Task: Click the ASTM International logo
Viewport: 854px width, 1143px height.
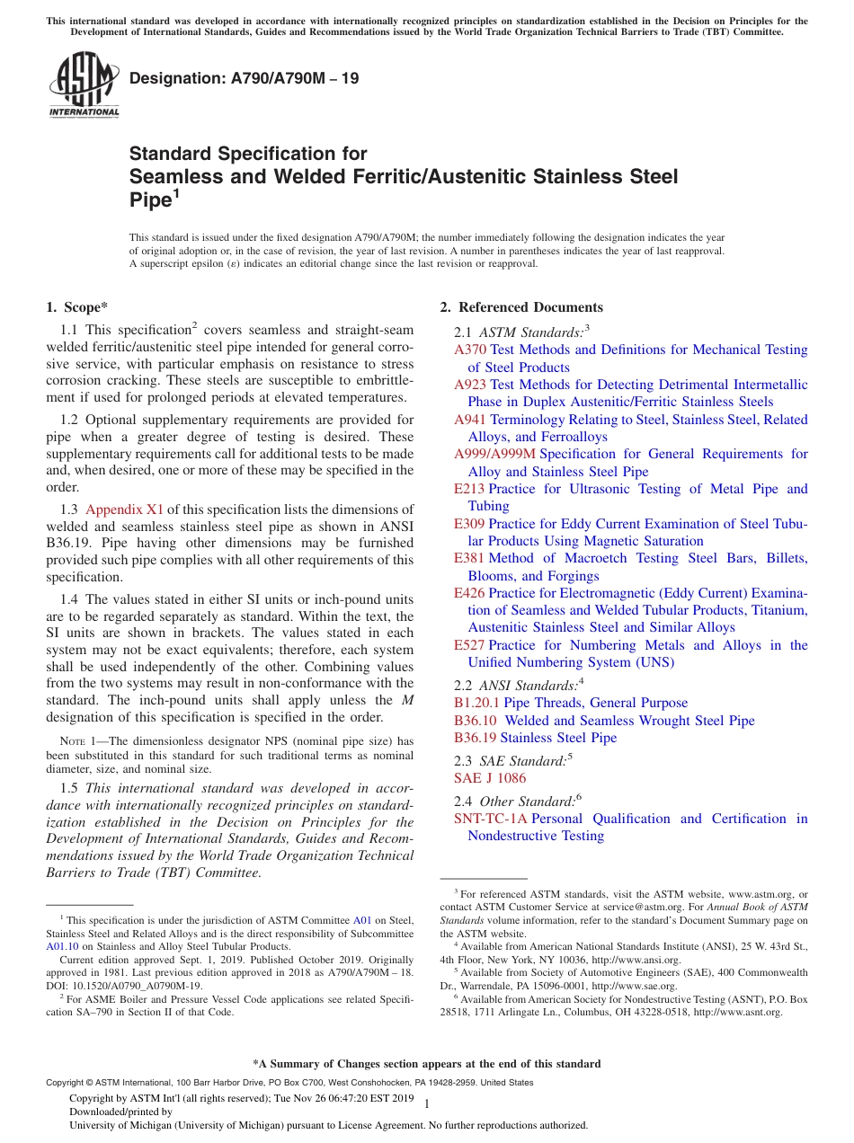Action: [x=84, y=84]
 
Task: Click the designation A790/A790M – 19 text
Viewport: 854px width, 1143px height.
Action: [x=244, y=78]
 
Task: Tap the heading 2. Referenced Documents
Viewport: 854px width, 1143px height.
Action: [x=521, y=307]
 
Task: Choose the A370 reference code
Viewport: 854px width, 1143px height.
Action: [x=469, y=350]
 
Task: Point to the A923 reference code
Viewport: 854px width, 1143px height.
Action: [x=469, y=385]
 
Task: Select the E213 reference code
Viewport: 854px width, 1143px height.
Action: [x=468, y=489]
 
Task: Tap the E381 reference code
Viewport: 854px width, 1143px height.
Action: [x=468, y=558]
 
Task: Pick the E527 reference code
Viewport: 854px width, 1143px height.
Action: [x=468, y=645]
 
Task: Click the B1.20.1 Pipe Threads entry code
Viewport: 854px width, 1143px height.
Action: [x=476, y=703]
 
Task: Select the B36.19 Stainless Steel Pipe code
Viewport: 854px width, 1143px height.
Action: [x=476, y=738]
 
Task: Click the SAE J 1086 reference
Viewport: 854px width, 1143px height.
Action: [x=490, y=778]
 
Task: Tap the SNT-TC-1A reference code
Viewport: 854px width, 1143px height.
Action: [x=491, y=819]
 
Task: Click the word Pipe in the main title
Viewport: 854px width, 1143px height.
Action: [x=148, y=199]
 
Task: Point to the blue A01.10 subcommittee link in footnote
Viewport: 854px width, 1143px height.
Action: [x=62, y=946]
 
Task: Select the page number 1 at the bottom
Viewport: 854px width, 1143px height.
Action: [x=426, y=1103]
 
